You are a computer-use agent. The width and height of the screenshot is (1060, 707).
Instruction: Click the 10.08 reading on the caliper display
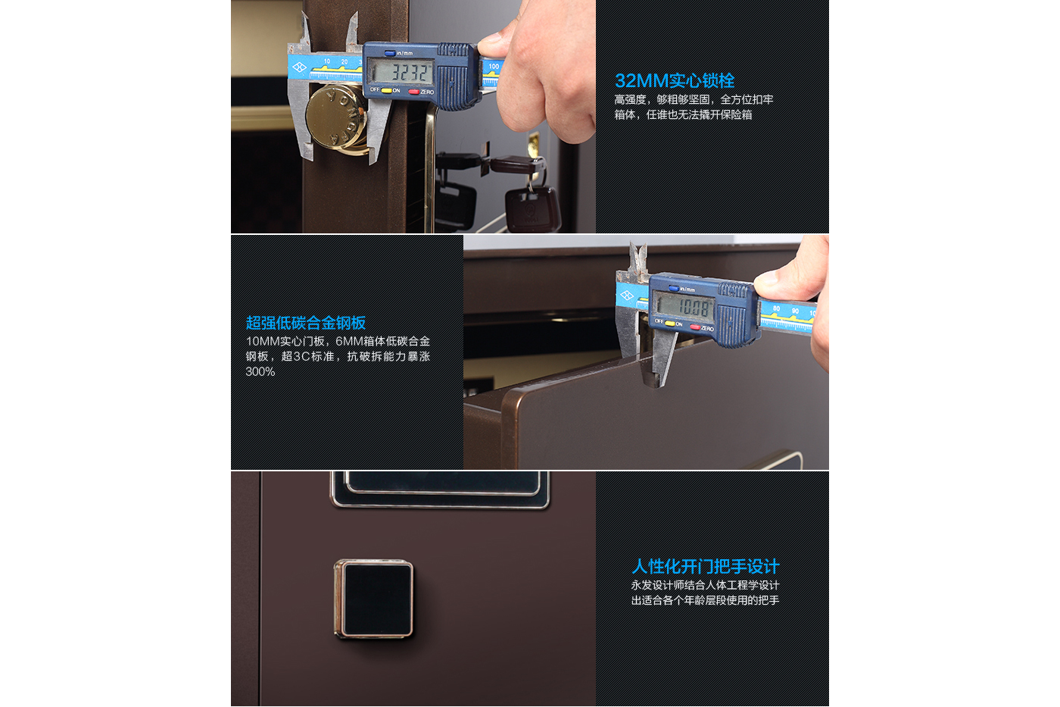point(694,308)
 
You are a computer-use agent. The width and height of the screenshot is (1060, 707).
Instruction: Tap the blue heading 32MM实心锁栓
point(675,80)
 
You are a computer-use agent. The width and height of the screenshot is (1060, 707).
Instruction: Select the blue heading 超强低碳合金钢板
point(306,323)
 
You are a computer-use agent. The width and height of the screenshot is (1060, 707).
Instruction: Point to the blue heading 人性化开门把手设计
point(705,566)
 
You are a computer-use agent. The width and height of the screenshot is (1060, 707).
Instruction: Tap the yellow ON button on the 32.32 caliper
point(387,91)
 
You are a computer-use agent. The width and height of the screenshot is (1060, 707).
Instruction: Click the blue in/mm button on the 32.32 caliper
point(389,53)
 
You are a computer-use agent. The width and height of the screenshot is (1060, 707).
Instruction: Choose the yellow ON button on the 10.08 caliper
point(669,324)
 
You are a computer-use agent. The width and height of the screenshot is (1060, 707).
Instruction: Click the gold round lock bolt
point(337,119)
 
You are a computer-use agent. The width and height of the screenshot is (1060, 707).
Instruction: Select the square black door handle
point(374,599)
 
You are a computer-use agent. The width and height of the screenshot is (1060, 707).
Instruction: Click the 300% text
point(260,372)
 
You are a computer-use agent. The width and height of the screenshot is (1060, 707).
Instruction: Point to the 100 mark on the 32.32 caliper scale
point(494,66)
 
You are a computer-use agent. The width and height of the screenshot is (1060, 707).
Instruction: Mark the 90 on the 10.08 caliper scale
point(795,311)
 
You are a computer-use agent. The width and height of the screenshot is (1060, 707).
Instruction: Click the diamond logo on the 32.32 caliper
point(300,67)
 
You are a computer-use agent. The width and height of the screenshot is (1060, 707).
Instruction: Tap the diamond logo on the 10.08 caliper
point(627,296)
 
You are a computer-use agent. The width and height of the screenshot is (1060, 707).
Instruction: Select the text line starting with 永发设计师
point(705,585)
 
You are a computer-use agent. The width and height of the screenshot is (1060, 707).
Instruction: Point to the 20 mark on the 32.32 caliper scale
point(344,62)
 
